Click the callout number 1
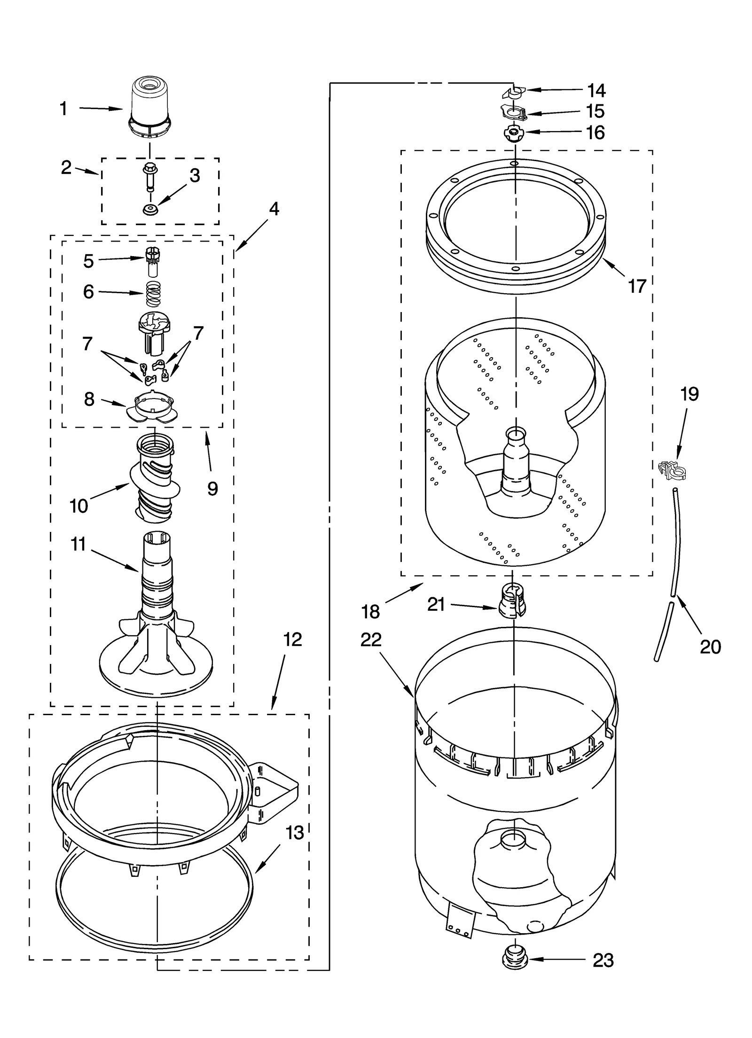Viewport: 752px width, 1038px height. coord(63,109)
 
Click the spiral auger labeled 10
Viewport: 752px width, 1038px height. coord(154,479)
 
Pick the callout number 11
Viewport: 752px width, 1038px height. coord(78,544)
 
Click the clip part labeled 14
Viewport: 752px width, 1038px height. coord(512,93)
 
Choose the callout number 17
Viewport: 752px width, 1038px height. coord(637,286)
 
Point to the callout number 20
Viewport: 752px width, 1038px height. coord(710,647)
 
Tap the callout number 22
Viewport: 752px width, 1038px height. coord(371,640)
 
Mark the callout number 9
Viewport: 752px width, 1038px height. coord(212,489)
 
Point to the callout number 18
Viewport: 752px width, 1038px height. coord(370,611)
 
